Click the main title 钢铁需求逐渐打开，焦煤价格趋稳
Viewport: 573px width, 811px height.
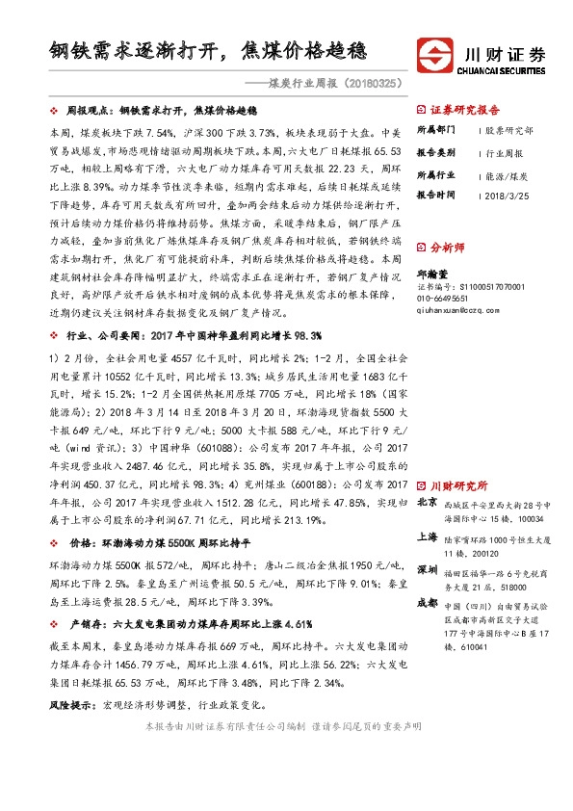click(208, 47)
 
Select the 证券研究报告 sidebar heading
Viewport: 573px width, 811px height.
click(465, 110)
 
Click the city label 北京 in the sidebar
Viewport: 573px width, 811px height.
click(427, 502)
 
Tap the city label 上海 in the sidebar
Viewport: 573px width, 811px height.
click(427, 537)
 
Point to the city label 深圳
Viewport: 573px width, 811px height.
click(427, 570)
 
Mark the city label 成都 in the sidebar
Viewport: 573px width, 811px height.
click(427, 604)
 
